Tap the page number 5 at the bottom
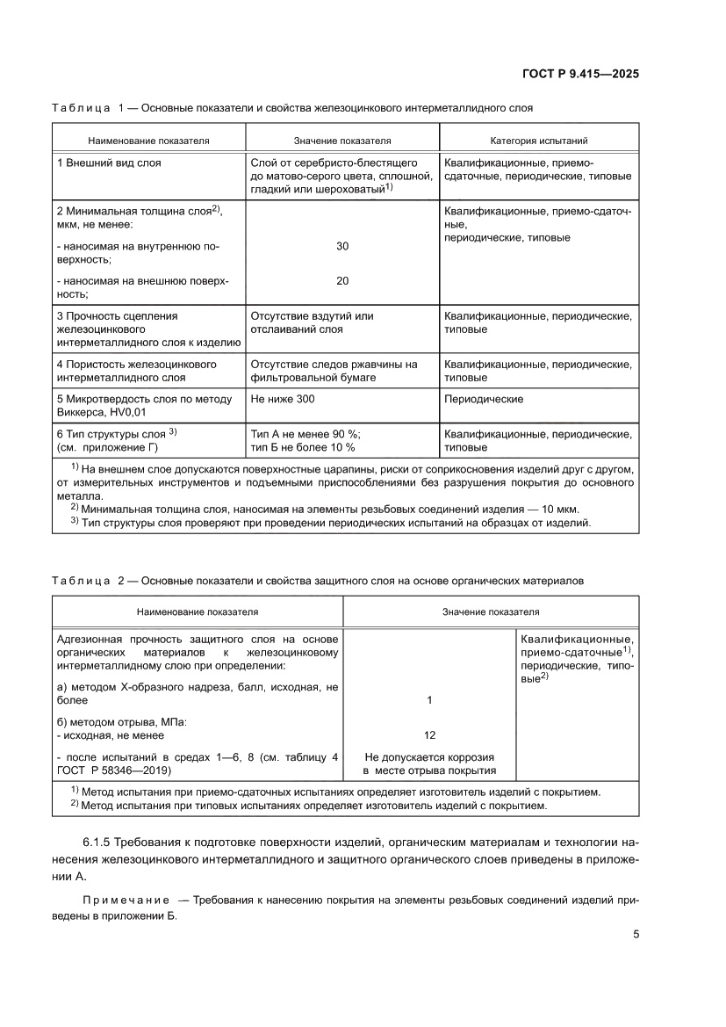coord(636,934)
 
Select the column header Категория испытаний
coord(538,140)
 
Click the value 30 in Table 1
coord(342,247)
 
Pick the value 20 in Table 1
coord(342,281)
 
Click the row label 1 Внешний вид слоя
coord(109,163)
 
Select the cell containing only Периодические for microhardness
coord(484,399)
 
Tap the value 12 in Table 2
coord(429,735)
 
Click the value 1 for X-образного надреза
coord(429,700)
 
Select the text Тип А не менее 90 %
coord(305,434)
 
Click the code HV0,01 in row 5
coord(126,412)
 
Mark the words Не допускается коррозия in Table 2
coord(429,756)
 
